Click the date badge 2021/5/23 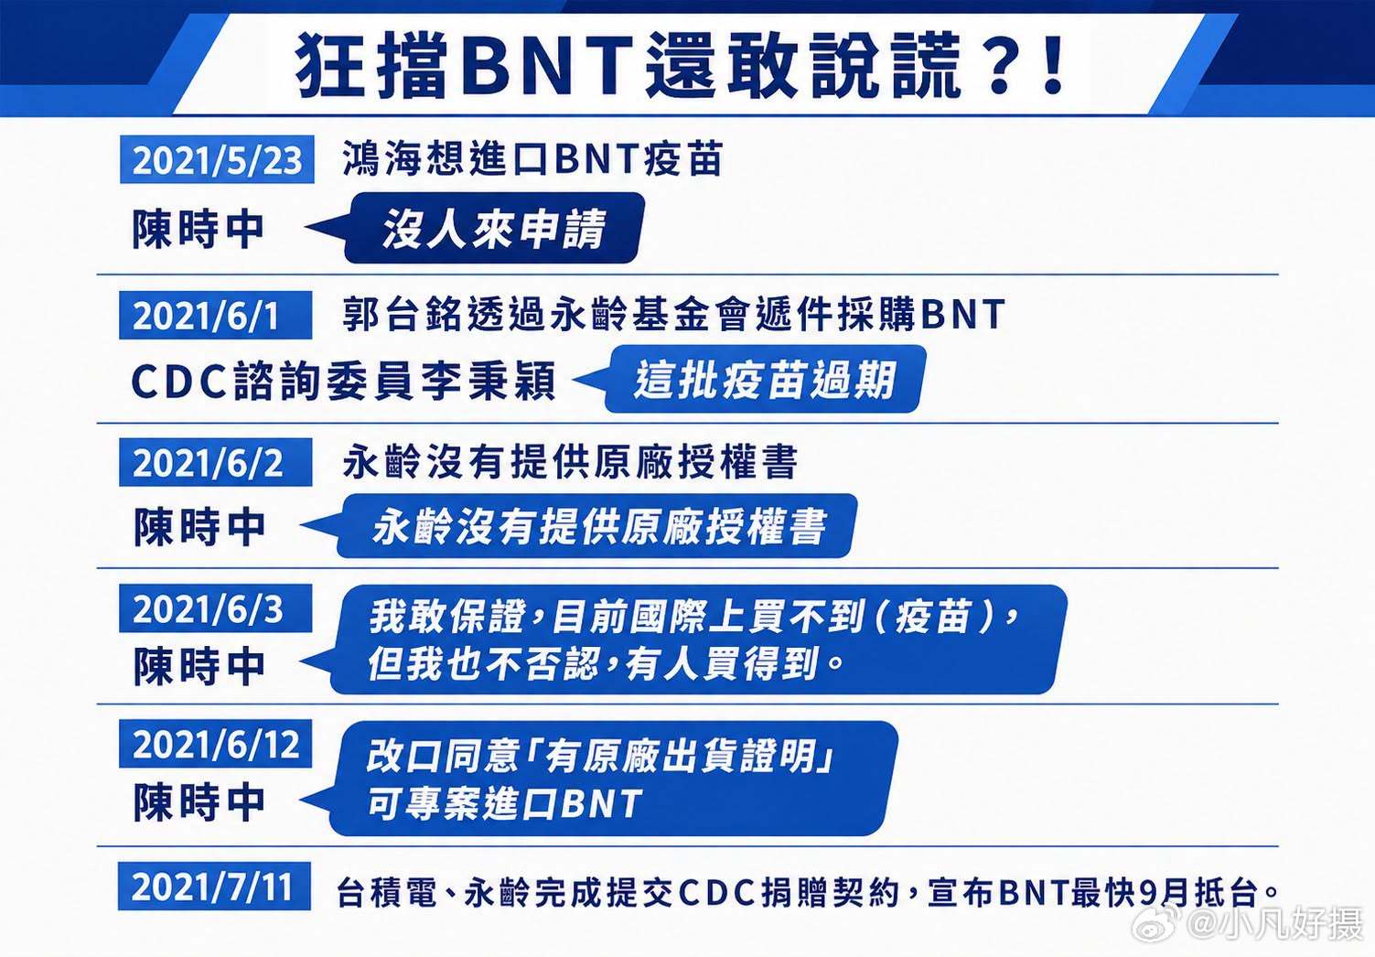217,159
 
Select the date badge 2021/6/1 216,316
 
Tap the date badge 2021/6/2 216,462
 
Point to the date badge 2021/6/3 216,608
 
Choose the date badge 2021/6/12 216,744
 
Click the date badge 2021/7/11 214,887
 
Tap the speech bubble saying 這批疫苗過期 749,379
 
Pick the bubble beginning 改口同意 598,779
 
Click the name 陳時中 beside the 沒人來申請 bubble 198,229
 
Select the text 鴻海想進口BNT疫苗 532,158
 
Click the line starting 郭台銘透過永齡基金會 673,315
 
